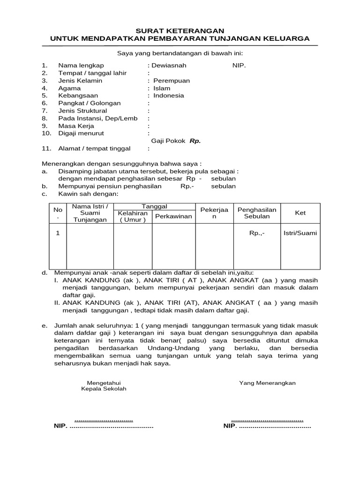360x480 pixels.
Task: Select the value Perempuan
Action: pos(172,81)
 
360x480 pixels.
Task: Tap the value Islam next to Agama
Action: pos(162,88)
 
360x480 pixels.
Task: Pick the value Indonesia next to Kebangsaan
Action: pos(169,96)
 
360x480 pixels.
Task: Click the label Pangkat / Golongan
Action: pos(89,103)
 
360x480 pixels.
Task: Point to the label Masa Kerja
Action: pos(76,126)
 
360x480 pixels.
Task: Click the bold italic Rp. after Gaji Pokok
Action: pos(195,141)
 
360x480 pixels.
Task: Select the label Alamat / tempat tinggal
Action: pos(94,149)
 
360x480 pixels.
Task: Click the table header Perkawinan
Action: pos(173,217)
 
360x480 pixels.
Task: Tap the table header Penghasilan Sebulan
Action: pos(257,213)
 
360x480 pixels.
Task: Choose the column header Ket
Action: pos(300,213)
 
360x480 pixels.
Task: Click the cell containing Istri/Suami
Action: pos(300,233)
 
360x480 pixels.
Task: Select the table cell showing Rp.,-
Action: pos(257,233)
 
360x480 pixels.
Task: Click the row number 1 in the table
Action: pos(58,233)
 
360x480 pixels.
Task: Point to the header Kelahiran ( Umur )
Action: pos(133,217)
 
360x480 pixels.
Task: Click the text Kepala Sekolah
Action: pos(104,389)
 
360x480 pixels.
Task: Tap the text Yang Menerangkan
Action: pos(267,383)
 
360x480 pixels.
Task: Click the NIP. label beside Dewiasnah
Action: pos(239,65)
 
